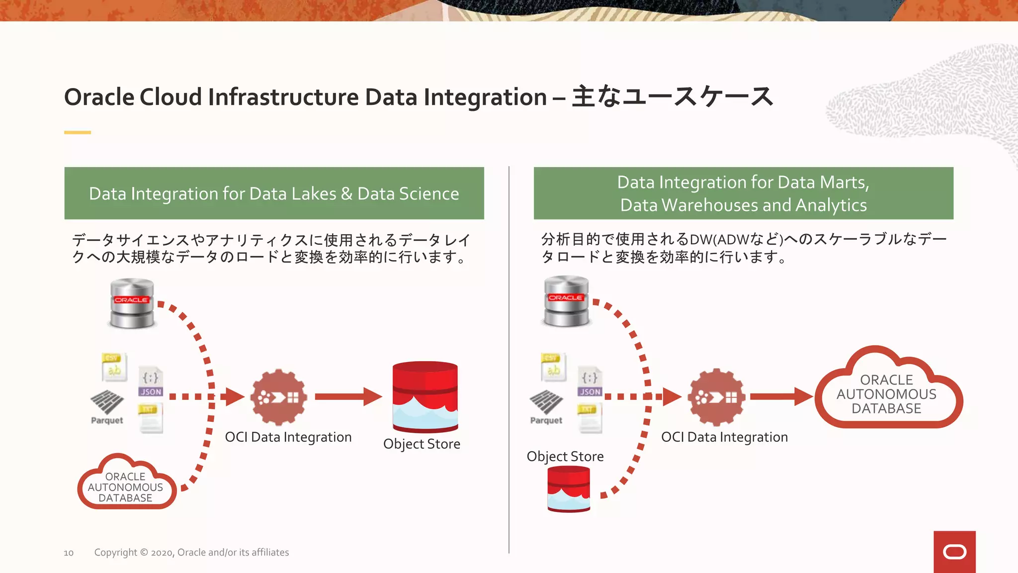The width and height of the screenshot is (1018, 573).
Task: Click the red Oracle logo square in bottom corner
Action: point(954,552)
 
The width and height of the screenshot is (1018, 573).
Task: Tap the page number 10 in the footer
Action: point(69,553)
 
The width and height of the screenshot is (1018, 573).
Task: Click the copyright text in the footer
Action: point(191,552)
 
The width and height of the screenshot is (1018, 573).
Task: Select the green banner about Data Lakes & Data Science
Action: point(274,193)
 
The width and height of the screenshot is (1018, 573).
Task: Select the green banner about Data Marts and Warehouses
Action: point(743,193)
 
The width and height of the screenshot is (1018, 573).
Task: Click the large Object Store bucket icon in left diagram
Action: point(425,396)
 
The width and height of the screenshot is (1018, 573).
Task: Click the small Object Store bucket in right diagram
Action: point(569,489)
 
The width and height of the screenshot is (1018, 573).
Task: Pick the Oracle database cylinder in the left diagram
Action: point(132,303)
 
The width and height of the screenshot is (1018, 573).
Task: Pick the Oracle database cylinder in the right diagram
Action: point(566,301)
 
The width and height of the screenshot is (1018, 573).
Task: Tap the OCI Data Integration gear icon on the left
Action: point(278,397)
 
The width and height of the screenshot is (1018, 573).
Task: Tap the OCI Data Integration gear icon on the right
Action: point(716,397)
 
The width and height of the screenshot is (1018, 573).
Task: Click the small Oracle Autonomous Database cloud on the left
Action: point(126,485)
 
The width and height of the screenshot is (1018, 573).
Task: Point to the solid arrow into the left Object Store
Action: point(347,396)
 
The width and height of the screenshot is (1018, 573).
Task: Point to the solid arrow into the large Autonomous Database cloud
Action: point(780,396)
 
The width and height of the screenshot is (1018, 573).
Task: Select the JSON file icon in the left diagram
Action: point(151,382)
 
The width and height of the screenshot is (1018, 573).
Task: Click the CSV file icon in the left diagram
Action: point(114,367)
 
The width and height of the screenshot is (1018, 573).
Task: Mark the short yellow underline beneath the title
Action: point(78,132)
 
